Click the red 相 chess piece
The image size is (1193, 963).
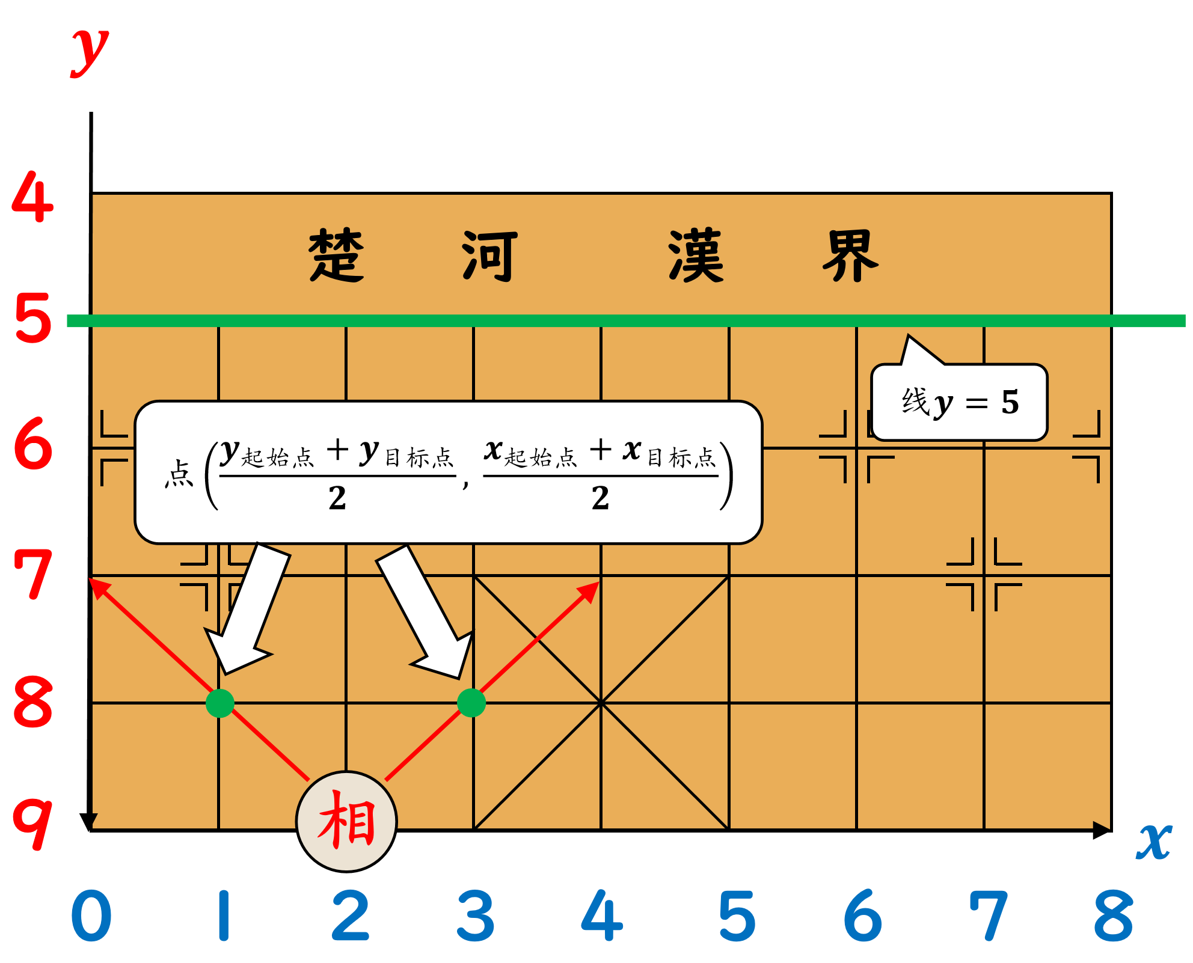347,821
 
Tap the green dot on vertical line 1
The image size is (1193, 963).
219,703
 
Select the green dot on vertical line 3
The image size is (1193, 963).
471,703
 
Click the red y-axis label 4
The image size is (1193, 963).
33,197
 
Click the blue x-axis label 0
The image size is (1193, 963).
91,916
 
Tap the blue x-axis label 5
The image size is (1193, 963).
737,916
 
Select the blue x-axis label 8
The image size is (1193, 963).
1113,916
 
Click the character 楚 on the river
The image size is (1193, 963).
337,255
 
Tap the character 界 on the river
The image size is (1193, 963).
850,255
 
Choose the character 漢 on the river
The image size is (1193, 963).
696,255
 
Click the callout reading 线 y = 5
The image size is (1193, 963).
959,402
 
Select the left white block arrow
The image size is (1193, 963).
247,607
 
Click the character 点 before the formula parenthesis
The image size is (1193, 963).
179,474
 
